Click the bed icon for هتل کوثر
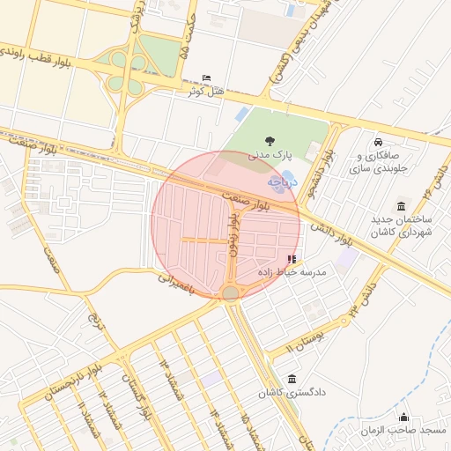[208, 78]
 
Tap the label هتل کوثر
[204, 91]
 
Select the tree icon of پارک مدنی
[269, 140]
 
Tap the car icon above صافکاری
[378, 142]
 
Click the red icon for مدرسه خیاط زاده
[292, 259]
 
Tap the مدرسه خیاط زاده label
[291, 272]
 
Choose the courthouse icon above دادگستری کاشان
[292, 378]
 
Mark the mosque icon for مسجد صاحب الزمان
[404, 417]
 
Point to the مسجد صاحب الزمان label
[403, 430]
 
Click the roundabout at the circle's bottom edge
[230, 292]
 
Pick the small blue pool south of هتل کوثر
[241, 115]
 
